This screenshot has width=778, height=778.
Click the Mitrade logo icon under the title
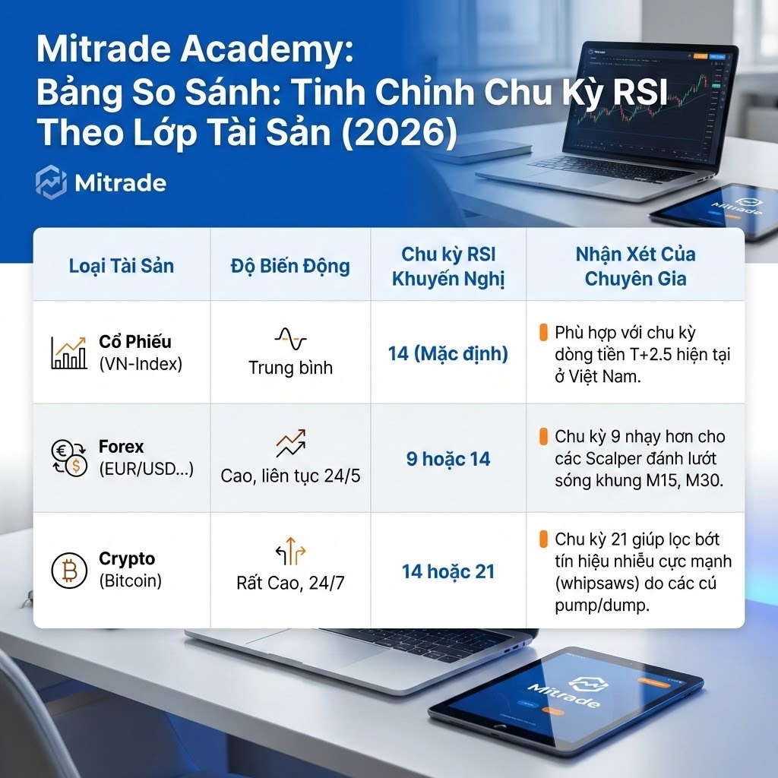click(51, 184)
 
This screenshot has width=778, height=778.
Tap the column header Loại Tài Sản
click(122, 266)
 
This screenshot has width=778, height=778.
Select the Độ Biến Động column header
click(290, 266)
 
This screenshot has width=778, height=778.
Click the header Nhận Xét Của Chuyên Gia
click(635, 266)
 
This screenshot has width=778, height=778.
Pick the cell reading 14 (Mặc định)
click(448, 353)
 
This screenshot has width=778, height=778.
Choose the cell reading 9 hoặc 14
click(448, 459)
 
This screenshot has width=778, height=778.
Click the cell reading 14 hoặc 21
click(448, 571)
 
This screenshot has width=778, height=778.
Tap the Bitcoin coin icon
click(69, 571)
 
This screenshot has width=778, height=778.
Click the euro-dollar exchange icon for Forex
click(69, 459)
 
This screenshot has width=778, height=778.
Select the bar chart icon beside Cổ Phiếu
click(69, 353)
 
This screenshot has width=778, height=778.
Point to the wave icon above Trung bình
click(290, 338)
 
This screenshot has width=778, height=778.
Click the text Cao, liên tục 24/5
click(290, 476)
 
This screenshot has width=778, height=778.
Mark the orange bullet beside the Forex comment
click(543, 437)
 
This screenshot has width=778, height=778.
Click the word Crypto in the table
click(127, 559)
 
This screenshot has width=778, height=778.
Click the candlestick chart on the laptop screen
click(646, 99)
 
